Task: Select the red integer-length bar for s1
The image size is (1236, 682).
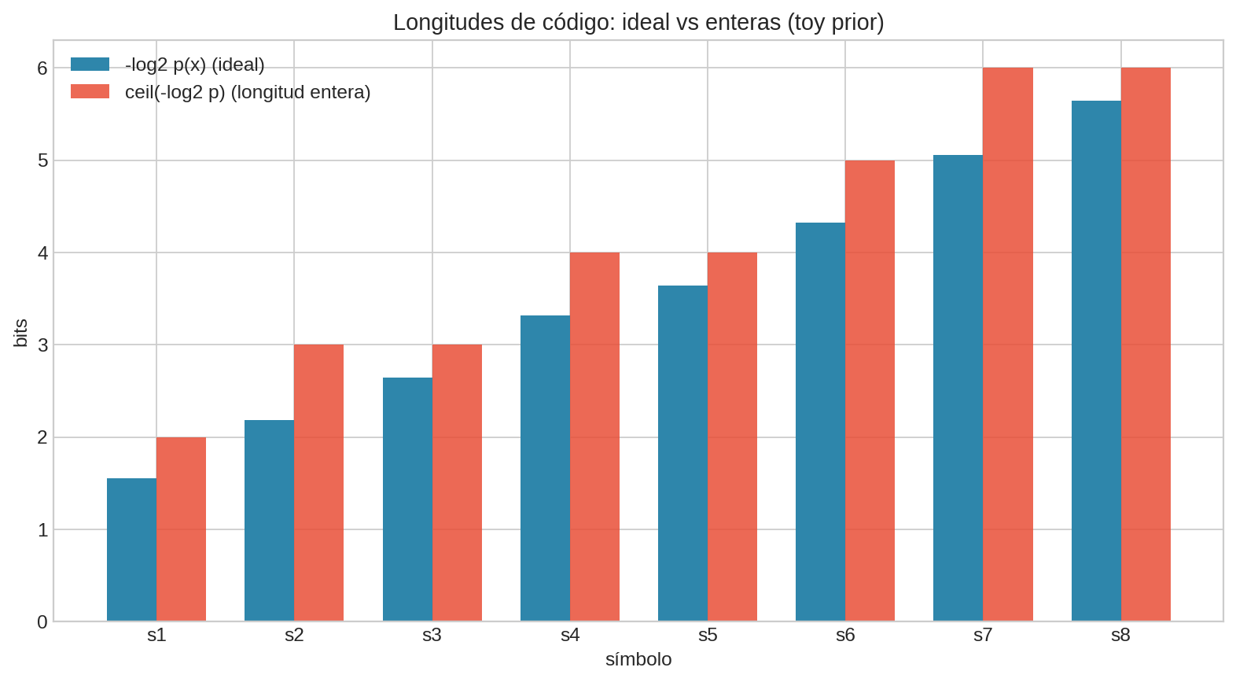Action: pyautogui.click(x=181, y=529)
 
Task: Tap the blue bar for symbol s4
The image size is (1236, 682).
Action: pyautogui.click(x=545, y=468)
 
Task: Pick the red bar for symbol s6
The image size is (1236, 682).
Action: pyautogui.click(x=870, y=390)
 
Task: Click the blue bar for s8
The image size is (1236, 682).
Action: pyautogui.click(x=1096, y=360)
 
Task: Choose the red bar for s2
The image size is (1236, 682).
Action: pyautogui.click(x=318, y=482)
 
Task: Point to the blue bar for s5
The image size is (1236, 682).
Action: pyautogui.click(x=682, y=453)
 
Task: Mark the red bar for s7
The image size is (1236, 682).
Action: pyautogui.click(x=1007, y=344)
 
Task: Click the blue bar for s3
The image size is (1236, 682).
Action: pyautogui.click(x=407, y=499)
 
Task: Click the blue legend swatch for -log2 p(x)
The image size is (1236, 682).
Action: pyautogui.click(x=90, y=65)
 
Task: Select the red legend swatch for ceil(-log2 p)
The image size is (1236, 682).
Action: pyautogui.click(x=90, y=92)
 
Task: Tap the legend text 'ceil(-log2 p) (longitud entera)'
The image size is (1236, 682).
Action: pyautogui.click(x=248, y=92)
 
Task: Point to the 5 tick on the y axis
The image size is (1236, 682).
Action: pyautogui.click(x=42, y=160)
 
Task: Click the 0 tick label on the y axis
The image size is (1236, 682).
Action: pyautogui.click(x=42, y=622)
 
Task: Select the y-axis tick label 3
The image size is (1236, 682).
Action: pyautogui.click(x=42, y=345)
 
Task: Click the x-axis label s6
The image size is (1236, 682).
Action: pyautogui.click(x=845, y=636)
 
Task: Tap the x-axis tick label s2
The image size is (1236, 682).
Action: pyautogui.click(x=294, y=636)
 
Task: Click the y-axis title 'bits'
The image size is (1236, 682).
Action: pyautogui.click(x=21, y=332)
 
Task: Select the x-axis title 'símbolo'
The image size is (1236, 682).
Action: pyautogui.click(x=638, y=659)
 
